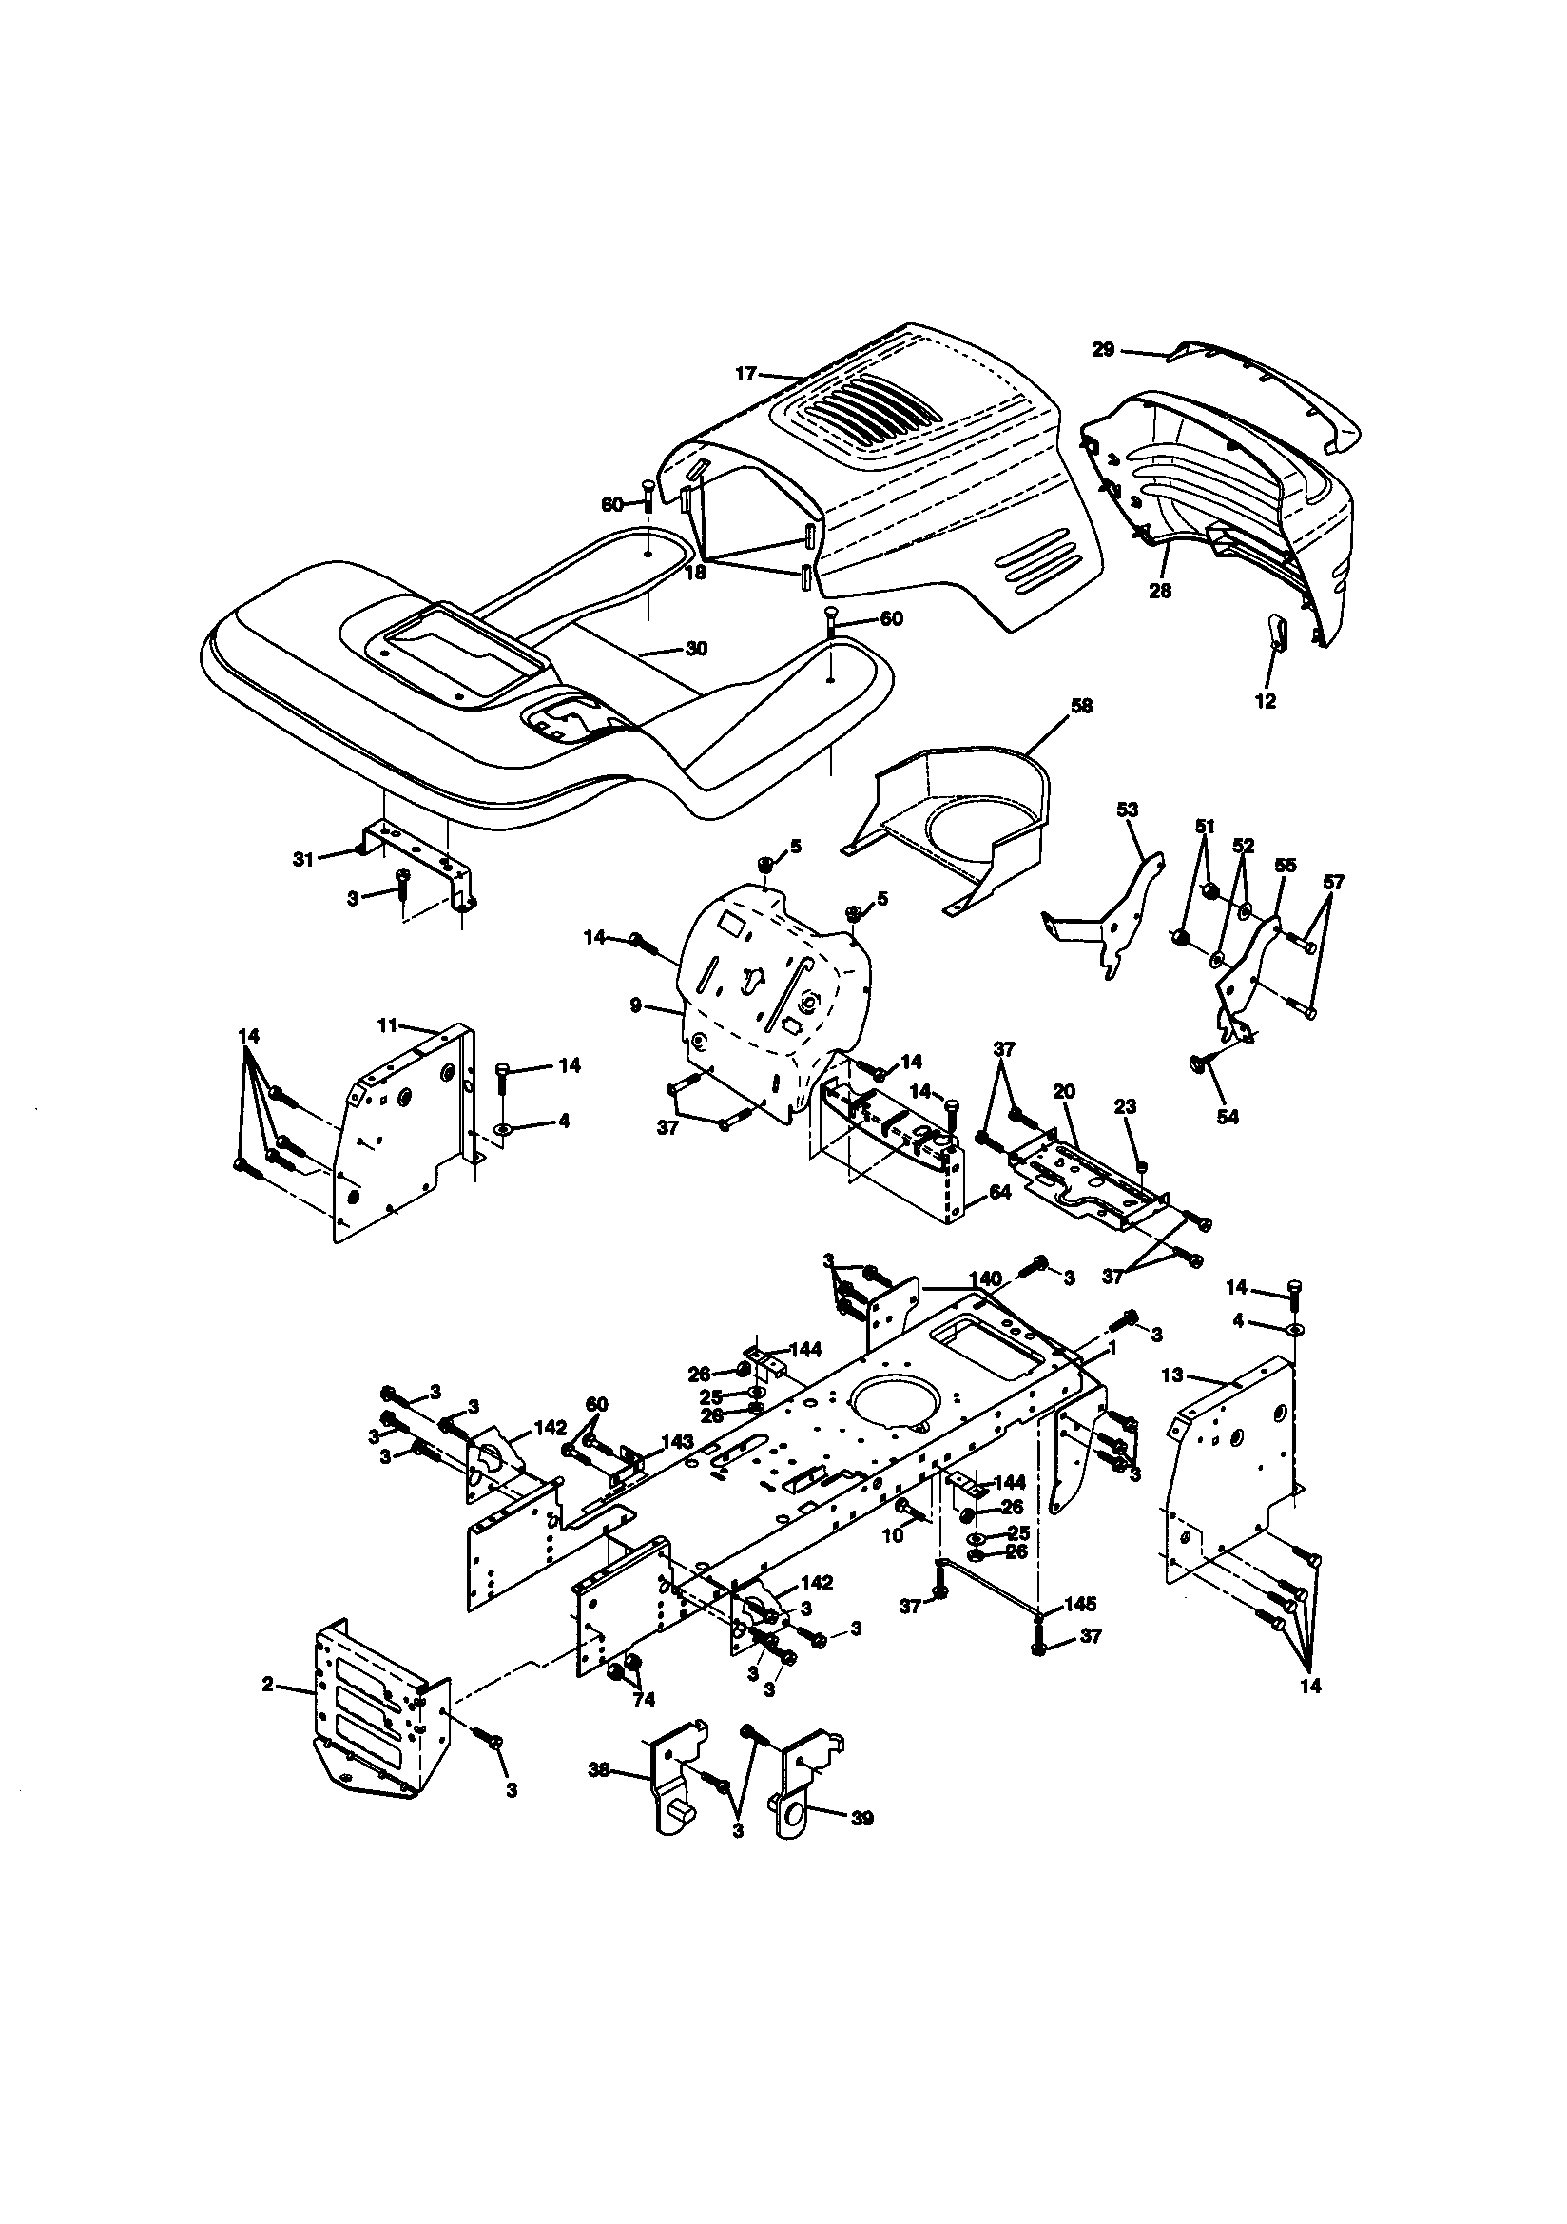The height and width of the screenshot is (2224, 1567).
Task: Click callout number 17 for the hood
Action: click(745, 373)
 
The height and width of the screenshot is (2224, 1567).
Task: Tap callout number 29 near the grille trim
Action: click(1103, 350)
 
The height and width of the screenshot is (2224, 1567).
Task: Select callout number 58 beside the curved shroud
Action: click(1081, 707)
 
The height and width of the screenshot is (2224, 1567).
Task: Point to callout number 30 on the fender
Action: click(696, 649)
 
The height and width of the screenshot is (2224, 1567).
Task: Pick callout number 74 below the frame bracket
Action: click(643, 1700)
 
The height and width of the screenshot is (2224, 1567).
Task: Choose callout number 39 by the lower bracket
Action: click(860, 1819)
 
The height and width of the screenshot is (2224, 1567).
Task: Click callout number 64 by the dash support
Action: click(1000, 1193)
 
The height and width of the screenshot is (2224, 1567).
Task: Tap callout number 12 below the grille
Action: click(1266, 701)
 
